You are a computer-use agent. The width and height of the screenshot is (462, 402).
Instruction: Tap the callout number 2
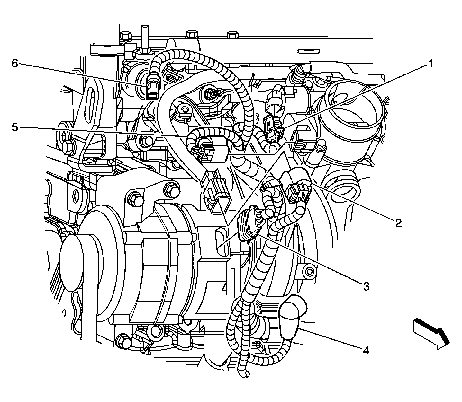coord(398,223)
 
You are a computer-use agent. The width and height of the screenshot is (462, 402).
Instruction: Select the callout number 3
coord(366,286)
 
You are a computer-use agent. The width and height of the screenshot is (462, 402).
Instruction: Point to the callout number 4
coord(366,351)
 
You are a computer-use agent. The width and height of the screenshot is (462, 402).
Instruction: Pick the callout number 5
coord(15,127)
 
